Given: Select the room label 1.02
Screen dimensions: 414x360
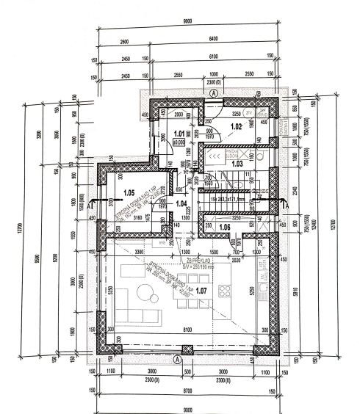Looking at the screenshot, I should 237,127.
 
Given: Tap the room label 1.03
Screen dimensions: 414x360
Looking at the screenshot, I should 237,164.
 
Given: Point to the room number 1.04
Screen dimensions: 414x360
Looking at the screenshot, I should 183,203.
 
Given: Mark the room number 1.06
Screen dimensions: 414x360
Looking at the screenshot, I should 224,228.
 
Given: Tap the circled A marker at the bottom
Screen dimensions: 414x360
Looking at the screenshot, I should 176,361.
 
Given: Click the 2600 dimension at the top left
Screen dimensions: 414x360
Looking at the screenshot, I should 122,42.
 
